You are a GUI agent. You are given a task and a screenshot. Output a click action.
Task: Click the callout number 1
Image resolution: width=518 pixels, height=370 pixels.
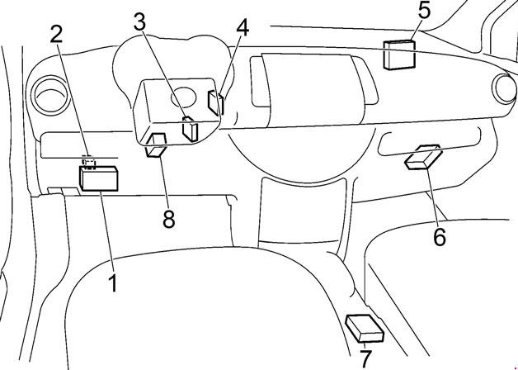point(112,285)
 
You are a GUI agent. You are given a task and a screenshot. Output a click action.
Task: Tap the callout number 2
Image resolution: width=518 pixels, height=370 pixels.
point(56,34)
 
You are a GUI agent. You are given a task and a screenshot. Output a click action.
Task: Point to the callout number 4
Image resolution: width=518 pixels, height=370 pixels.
point(242,26)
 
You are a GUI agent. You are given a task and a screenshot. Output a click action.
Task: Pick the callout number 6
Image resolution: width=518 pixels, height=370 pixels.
point(440,237)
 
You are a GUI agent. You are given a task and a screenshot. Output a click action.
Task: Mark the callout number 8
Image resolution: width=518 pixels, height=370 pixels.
point(169,221)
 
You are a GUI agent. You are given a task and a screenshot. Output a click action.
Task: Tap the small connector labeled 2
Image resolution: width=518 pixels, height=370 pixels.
point(90,162)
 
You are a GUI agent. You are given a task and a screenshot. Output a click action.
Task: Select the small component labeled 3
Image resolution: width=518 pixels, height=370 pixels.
point(191,130)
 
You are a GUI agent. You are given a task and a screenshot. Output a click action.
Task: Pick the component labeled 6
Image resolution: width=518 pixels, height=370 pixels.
point(424,156)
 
